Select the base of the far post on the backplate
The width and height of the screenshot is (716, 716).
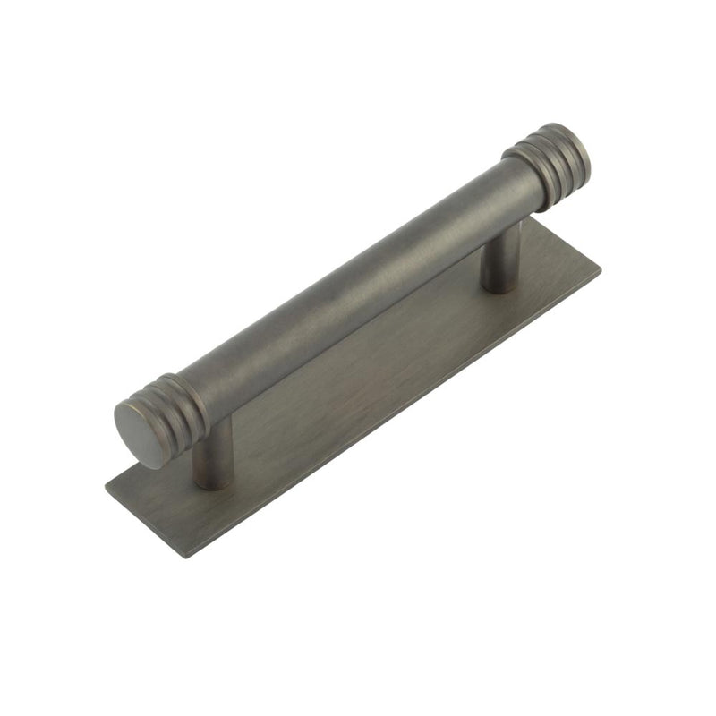(x=499, y=287)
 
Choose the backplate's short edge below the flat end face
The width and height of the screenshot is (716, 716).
(x=143, y=523)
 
